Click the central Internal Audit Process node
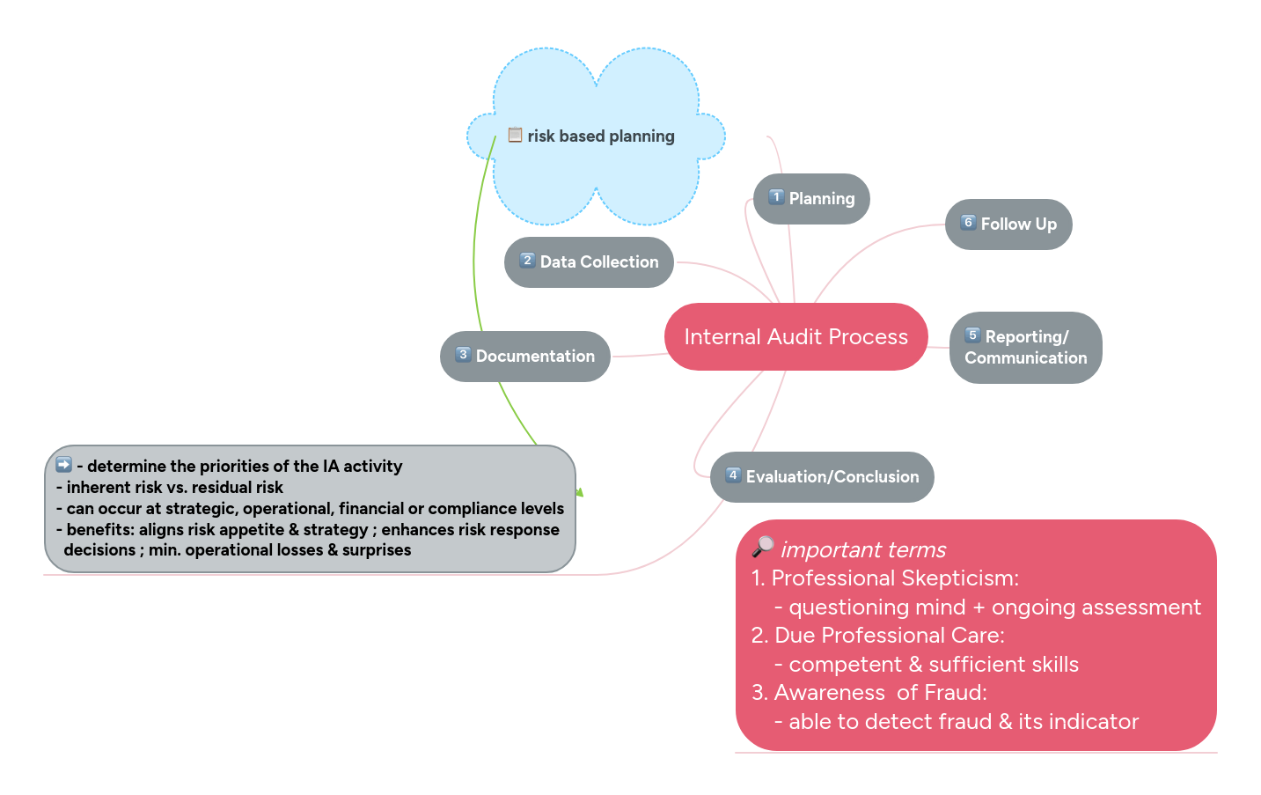[x=795, y=336]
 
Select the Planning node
[x=811, y=199]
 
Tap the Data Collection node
[x=589, y=262]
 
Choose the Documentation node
[x=525, y=357]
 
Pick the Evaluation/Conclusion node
[x=822, y=477]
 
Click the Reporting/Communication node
[x=1025, y=348]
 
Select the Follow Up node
[x=1008, y=225]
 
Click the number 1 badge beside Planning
[x=776, y=197]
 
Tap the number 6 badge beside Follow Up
[x=968, y=223]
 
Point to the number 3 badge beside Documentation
[x=463, y=355]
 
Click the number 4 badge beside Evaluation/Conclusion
[x=733, y=475]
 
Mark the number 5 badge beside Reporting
[x=972, y=335]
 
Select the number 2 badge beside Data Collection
[x=527, y=261]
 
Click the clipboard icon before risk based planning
[x=516, y=135]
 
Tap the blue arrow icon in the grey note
[x=63, y=465]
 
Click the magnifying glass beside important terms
[x=763, y=548]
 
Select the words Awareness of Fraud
[x=879, y=693]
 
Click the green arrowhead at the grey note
[x=579, y=492]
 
